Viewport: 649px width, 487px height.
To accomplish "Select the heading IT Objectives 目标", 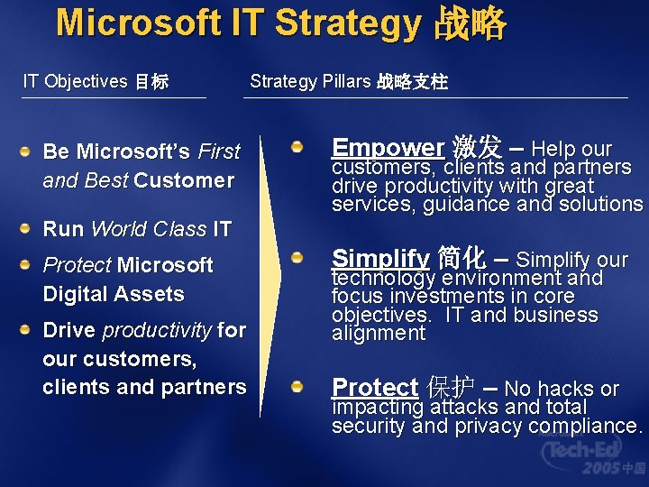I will click(96, 81).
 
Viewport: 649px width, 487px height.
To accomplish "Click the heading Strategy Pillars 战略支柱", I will click(348, 81).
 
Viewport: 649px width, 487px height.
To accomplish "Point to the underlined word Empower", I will click(388, 147).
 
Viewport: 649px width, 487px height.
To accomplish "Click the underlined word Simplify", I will click(380, 259).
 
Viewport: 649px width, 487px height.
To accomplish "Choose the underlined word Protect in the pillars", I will click(375, 388).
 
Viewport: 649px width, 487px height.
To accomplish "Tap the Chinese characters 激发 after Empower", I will click(477, 147).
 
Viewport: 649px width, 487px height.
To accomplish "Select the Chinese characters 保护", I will click(451, 388).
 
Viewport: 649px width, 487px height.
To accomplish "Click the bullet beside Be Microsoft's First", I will click(30, 151).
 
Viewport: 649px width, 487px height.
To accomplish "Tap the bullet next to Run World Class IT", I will click(30, 228).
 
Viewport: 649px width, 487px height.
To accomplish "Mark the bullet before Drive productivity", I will click(30, 329).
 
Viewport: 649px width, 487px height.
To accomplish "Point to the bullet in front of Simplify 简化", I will click(296, 259).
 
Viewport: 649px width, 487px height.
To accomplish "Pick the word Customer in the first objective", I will click(184, 180).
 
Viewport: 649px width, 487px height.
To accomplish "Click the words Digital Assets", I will click(114, 294).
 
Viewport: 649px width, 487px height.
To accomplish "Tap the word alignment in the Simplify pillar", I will click(379, 333).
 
